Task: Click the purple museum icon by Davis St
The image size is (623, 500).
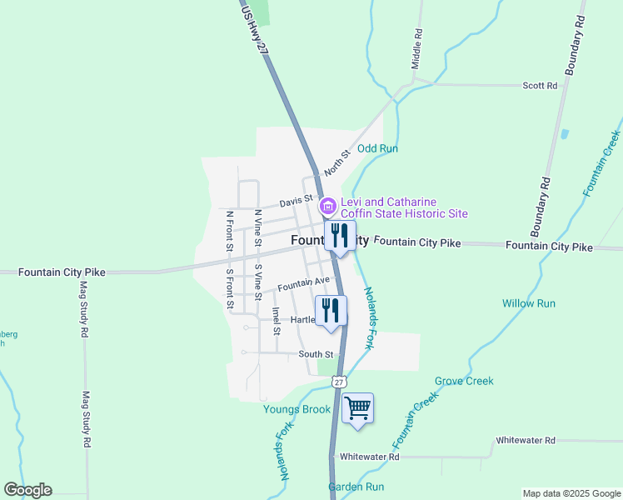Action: click(x=327, y=206)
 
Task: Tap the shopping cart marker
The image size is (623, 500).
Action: click(x=358, y=409)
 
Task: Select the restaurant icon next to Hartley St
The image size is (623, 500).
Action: click(x=331, y=311)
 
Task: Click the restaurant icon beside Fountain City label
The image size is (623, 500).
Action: click(x=339, y=236)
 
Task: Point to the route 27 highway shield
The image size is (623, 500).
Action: click(x=336, y=381)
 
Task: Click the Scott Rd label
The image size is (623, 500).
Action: click(x=539, y=86)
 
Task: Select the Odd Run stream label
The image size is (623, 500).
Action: click(x=378, y=148)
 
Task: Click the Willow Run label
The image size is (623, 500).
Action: click(x=528, y=303)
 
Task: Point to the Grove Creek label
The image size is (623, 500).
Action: click(x=464, y=381)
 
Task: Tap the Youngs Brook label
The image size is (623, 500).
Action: click(x=297, y=409)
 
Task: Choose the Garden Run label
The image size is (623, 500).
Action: click(x=356, y=487)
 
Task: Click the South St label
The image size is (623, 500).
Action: click(x=316, y=354)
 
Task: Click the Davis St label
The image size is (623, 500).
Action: click(x=296, y=201)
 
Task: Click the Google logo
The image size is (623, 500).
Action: click(x=27, y=490)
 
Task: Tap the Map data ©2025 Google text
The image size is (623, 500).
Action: click(x=571, y=493)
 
